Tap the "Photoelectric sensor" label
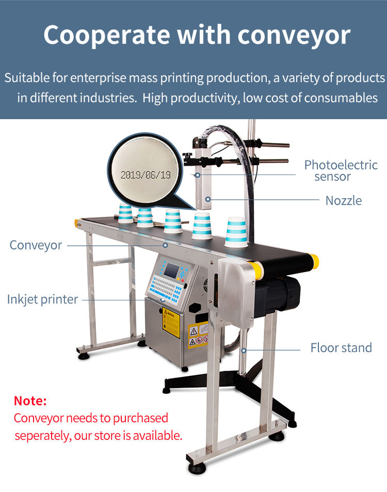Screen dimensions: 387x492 [x=341, y=170]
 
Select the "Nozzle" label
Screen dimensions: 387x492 [x=343, y=200]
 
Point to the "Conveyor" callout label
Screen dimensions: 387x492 [x=36, y=245]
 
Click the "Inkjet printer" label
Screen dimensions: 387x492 [x=42, y=299]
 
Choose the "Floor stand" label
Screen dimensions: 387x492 [x=341, y=348]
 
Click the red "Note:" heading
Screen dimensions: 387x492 [x=30, y=401]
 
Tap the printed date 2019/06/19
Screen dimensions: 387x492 [x=145, y=174]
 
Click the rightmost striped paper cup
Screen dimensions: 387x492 [x=236, y=232]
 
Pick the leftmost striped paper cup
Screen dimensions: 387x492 [x=125, y=213]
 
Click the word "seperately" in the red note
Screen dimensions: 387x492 [x=41, y=436]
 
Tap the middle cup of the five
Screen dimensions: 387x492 [x=172, y=220]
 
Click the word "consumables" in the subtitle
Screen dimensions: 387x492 [x=341, y=98]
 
